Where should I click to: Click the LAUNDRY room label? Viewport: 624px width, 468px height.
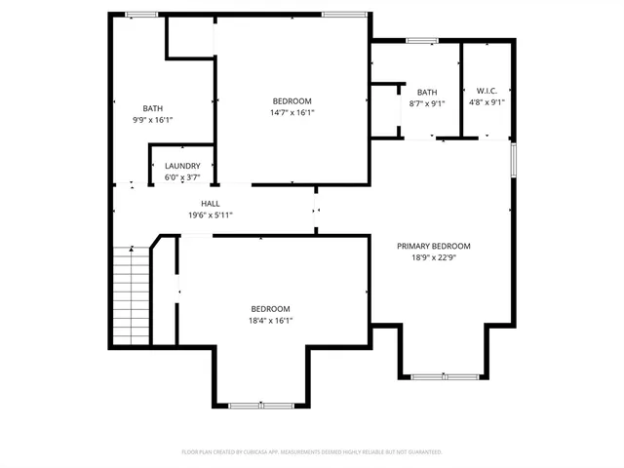[182, 166]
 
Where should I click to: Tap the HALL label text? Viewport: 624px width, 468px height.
[211, 204]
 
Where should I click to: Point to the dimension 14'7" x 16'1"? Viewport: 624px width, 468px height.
[292, 113]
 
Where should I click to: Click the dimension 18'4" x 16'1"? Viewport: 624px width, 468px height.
[271, 320]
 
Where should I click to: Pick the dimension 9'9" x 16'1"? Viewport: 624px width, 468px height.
[153, 120]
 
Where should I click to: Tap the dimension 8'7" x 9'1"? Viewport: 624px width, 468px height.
[427, 103]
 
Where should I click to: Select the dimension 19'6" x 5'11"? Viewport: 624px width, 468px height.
[211, 214]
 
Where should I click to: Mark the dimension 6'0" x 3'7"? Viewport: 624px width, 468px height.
[182, 176]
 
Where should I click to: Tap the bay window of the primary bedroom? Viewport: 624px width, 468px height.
[442, 376]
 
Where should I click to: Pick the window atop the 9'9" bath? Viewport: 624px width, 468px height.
[141, 14]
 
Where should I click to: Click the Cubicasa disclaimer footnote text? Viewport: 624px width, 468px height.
[312, 452]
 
